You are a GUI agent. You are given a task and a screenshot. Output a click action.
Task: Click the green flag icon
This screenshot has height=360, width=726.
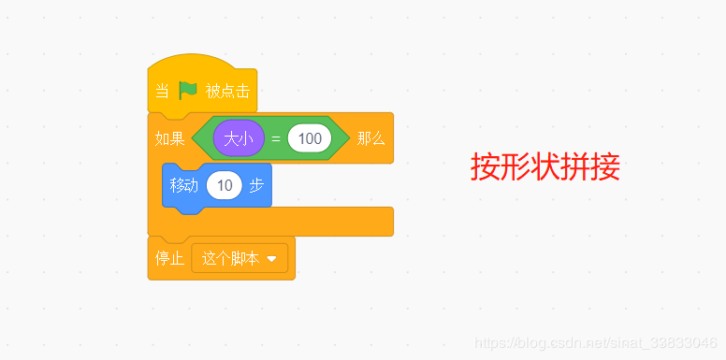[187, 91]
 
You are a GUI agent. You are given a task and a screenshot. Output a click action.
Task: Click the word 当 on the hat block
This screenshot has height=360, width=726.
[162, 92]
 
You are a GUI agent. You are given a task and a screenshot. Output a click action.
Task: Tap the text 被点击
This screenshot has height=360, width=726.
[227, 92]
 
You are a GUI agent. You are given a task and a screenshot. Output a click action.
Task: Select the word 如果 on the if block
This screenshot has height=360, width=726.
[169, 138]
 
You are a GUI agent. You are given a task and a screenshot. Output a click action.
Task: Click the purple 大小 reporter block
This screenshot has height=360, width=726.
[239, 138]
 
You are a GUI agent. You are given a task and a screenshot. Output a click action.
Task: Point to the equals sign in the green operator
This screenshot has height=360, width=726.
[276, 138]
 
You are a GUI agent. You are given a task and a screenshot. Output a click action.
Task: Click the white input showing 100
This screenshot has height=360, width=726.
[310, 138]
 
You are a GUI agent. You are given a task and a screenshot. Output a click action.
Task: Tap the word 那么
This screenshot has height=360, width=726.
[370, 138]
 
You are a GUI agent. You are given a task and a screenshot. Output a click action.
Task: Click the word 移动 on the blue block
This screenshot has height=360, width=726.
[183, 185]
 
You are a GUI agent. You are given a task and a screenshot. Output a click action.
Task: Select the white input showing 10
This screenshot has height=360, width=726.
[225, 185]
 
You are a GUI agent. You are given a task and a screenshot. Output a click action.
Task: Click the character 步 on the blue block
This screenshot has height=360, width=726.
[256, 185]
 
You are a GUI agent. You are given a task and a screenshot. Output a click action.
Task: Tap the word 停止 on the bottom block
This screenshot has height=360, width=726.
[169, 258]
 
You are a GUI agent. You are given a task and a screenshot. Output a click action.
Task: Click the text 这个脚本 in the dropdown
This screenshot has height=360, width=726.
[230, 258]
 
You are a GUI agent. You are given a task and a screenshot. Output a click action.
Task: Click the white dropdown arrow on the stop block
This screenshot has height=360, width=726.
[272, 259]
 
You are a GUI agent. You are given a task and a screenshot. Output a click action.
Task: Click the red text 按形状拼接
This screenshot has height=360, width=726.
[545, 167]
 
